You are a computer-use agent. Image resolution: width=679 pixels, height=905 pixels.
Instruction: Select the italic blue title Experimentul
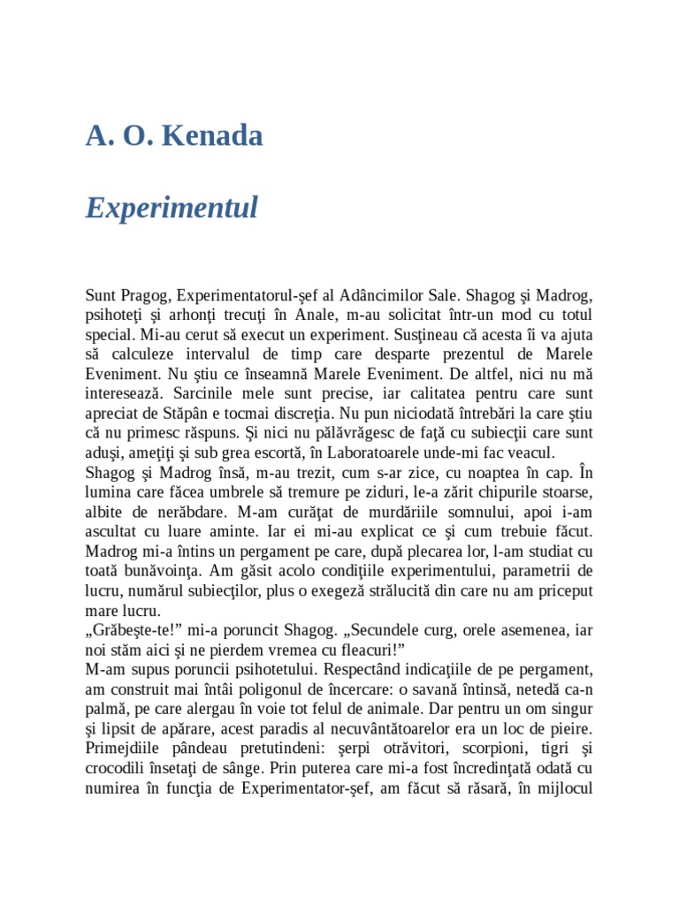tap(172, 208)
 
